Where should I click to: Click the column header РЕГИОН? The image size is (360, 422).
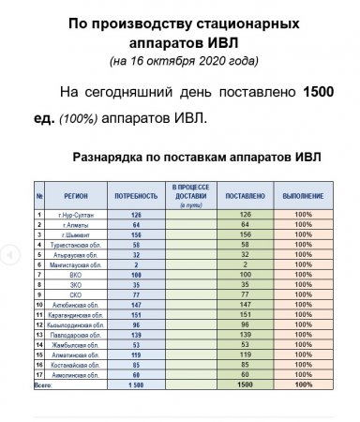(76, 196)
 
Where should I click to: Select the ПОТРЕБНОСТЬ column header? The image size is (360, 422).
(136, 196)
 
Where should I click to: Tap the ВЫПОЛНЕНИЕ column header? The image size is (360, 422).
(303, 196)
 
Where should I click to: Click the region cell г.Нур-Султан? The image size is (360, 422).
(73, 216)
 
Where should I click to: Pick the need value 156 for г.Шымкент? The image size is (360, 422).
(136, 234)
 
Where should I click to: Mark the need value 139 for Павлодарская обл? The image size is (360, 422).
(136, 334)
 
